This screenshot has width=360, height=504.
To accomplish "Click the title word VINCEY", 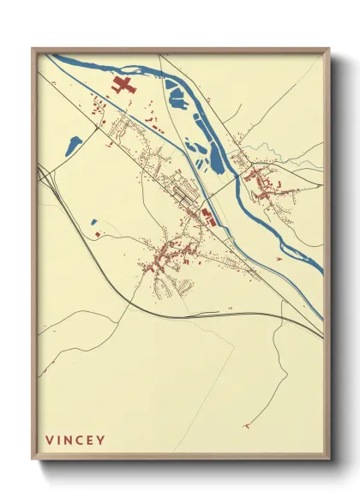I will [x=75, y=441].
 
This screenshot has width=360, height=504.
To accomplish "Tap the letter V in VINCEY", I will [x=49, y=441].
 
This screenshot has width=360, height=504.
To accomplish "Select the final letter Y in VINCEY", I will [x=102, y=441].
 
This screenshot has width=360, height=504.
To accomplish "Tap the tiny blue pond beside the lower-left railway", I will [x=94, y=223].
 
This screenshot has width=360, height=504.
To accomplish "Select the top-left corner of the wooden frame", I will [x=33, y=49].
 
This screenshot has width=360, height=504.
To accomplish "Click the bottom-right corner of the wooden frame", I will [x=329, y=459].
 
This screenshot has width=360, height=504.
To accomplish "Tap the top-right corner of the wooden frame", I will [x=329, y=49].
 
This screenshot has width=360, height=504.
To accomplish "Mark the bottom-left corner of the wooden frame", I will [x=33, y=459].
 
